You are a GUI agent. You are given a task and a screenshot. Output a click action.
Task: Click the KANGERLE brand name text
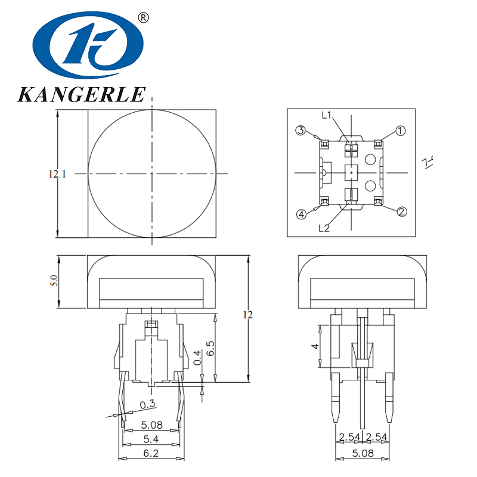tap(82, 94)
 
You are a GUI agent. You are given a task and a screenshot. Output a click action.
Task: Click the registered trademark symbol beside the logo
tap(143, 18)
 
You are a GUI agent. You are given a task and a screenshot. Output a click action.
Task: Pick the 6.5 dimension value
tap(210, 348)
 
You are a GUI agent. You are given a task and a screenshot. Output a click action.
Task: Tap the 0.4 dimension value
tap(198, 358)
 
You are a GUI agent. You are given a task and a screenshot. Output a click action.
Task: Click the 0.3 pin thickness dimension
tap(147, 405)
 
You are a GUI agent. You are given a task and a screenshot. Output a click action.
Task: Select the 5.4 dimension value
tap(150, 439)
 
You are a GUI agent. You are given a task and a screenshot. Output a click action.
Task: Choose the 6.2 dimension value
tap(150, 454)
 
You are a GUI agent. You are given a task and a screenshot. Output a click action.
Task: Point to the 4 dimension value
tap(315, 346)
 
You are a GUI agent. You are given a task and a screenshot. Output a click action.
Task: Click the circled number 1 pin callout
tap(401, 131)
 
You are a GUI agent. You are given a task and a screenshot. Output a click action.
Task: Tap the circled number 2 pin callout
tap(402, 212)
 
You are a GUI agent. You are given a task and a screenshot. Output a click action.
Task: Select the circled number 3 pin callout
tap(302, 131)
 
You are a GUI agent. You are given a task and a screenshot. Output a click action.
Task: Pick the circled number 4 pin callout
tap(302, 214)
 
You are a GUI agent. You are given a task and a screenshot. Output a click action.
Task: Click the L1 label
tap(327, 116)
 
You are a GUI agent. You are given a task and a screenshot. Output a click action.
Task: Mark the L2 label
tap(324, 227)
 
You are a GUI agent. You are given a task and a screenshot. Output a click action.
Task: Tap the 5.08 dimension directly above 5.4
tap(150, 426)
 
